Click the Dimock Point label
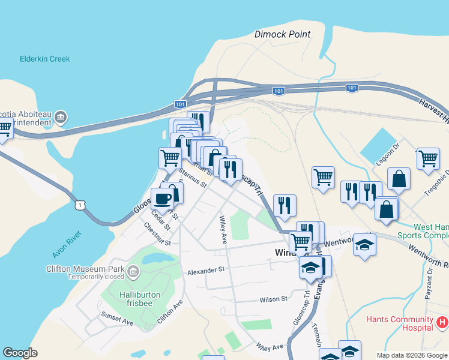point(283,34)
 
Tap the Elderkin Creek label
point(45,59)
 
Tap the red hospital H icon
point(443,323)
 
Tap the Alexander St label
point(205,271)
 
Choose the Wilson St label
point(274,299)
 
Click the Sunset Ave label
point(117,318)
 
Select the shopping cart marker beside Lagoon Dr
point(429,159)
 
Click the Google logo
point(20,353)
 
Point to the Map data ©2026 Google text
point(412,355)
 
